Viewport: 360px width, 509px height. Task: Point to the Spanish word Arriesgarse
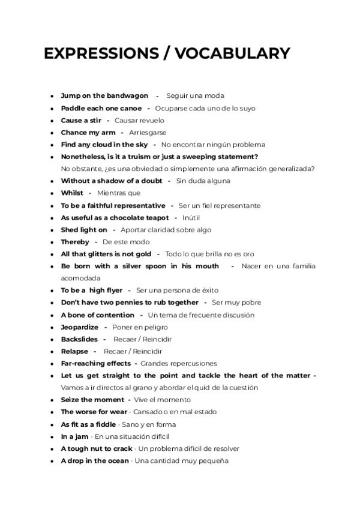pyautogui.click(x=148, y=133)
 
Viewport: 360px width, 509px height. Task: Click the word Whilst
pyautogui.click(x=72, y=193)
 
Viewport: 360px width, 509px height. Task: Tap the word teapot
pyautogui.click(x=155, y=218)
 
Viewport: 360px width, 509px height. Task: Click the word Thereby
pyautogui.click(x=75, y=242)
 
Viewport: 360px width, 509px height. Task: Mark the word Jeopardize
pyautogui.click(x=80, y=327)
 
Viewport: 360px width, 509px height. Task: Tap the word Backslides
pyautogui.click(x=79, y=339)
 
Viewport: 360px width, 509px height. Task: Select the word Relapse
pyautogui.click(x=74, y=351)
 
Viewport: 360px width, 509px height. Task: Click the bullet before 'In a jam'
pyautogui.click(x=53, y=437)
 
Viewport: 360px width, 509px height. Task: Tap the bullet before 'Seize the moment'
pyautogui.click(x=53, y=400)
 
